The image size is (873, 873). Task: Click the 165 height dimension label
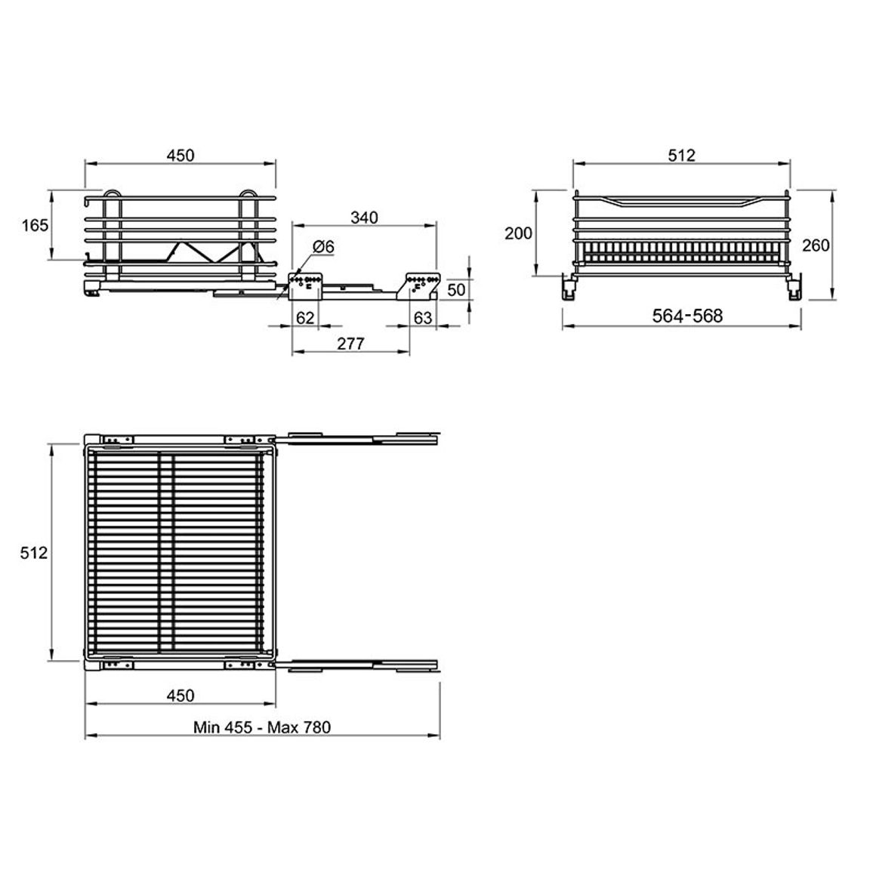[35, 226]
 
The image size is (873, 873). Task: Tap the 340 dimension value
[364, 217]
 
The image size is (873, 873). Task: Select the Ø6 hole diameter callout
[323, 246]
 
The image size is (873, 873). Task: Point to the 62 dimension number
[305, 317]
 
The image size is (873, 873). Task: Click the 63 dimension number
[423, 317]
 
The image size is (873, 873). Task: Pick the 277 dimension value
[350, 344]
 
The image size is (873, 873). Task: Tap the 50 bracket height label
[456, 289]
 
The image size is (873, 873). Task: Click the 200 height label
[518, 233]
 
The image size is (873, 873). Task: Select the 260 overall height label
[816, 245]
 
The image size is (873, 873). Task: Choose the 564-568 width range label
[687, 316]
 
